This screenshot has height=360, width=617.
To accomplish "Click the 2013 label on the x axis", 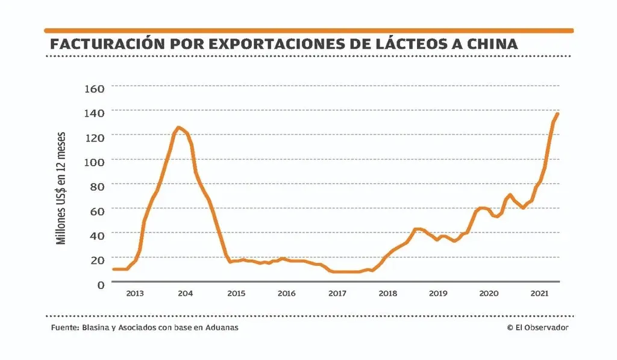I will [134, 294].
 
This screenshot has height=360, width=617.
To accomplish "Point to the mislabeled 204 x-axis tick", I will [186, 294].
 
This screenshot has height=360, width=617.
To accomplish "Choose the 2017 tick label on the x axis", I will [337, 294].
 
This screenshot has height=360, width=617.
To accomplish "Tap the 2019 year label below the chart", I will [438, 294].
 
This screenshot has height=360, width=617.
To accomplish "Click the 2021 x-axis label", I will [539, 294].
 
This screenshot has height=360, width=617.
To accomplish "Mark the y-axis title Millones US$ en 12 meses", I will [61, 188].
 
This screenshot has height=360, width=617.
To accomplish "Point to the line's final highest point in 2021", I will [558, 113].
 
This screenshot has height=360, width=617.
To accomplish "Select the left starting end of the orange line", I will [114, 269].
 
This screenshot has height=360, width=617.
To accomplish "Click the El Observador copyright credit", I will [538, 327].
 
